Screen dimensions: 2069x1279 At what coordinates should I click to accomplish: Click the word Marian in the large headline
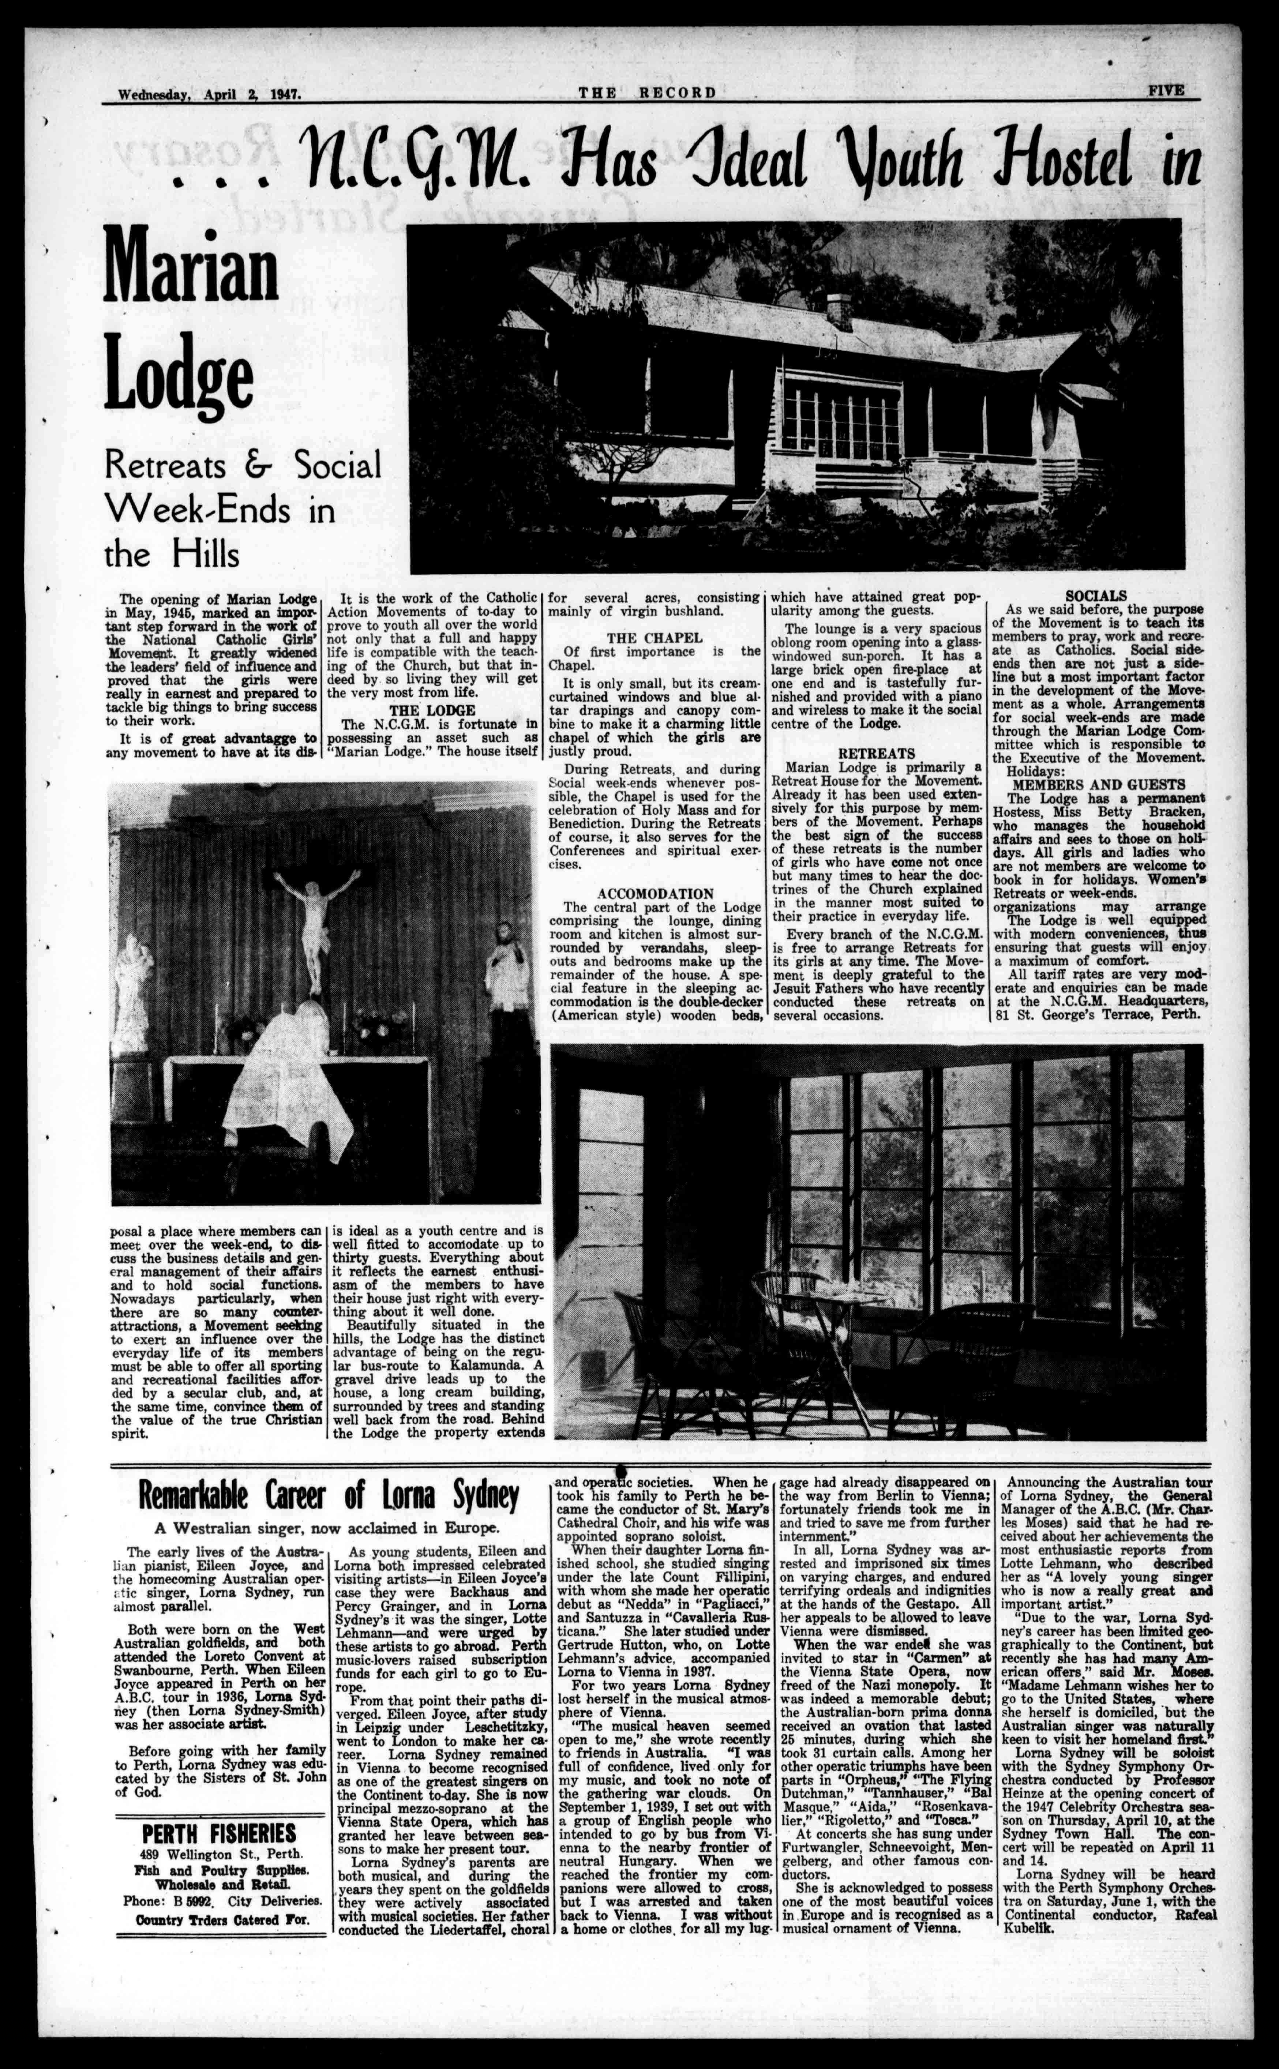[191, 269]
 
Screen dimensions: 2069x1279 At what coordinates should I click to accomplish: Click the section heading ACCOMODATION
[655, 893]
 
